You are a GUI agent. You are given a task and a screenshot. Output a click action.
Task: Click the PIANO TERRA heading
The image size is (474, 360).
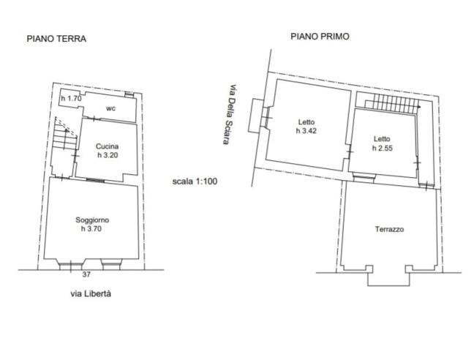(x=56, y=40)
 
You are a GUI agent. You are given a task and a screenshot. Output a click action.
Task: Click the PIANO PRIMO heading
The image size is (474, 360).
(x=319, y=35)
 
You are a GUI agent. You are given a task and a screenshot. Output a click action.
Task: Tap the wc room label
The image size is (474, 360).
(x=110, y=108)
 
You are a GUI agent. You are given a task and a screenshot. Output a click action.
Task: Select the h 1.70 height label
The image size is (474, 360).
(x=71, y=99)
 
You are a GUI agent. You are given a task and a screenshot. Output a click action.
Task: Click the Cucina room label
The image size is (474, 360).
(x=108, y=146)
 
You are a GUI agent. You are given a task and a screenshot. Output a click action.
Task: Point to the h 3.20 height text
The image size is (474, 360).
(x=108, y=155)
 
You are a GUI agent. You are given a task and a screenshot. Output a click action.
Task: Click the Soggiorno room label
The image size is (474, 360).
(x=93, y=220)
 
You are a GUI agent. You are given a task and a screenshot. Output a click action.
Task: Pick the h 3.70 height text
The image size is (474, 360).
(x=93, y=228)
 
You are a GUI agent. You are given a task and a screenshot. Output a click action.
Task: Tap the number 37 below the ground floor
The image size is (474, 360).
(x=86, y=275)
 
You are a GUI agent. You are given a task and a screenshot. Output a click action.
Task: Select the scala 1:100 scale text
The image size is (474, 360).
(x=195, y=181)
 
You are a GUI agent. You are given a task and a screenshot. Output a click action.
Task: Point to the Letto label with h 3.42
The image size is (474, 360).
(x=306, y=122)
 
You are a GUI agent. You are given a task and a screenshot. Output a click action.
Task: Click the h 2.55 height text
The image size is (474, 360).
(x=382, y=149)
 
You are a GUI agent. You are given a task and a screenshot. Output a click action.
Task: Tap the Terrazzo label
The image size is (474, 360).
(x=390, y=229)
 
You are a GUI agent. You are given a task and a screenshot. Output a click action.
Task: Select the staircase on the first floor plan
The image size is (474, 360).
(x=392, y=103)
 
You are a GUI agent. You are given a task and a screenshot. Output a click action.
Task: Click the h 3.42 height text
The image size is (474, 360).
(x=306, y=131)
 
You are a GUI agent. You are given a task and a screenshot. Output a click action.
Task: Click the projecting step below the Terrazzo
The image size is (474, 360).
(x=388, y=277)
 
